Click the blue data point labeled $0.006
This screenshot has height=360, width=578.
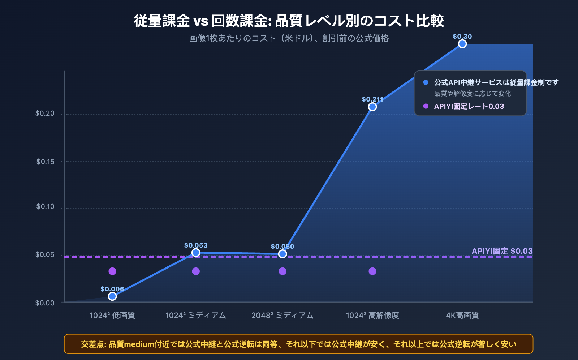click(x=112, y=296)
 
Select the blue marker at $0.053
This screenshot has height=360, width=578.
click(x=196, y=253)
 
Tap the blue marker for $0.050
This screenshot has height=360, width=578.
click(x=282, y=254)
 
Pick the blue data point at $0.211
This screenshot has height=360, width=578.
click(x=372, y=107)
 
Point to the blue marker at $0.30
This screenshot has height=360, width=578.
click(x=462, y=44)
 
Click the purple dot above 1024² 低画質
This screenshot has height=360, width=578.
click(x=112, y=271)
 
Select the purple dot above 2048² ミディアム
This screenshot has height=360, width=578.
click(x=282, y=271)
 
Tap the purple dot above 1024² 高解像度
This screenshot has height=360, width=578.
click(x=372, y=271)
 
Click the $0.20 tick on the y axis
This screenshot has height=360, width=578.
click(x=45, y=113)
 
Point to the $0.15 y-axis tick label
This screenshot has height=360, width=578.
click(x=45, y=162)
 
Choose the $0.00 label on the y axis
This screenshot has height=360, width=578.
click(x=45, y=303)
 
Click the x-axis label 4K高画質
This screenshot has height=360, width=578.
click(x=462, y=316)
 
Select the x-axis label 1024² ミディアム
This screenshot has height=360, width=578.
click(x=195, y=316)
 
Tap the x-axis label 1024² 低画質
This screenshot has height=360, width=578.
click(x=112, y=316)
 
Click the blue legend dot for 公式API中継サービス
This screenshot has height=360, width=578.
click(x=426, y=82)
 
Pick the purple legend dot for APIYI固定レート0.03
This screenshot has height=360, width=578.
click(x=426, y=106)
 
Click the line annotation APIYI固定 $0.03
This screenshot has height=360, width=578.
click(x=502, y=251)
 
